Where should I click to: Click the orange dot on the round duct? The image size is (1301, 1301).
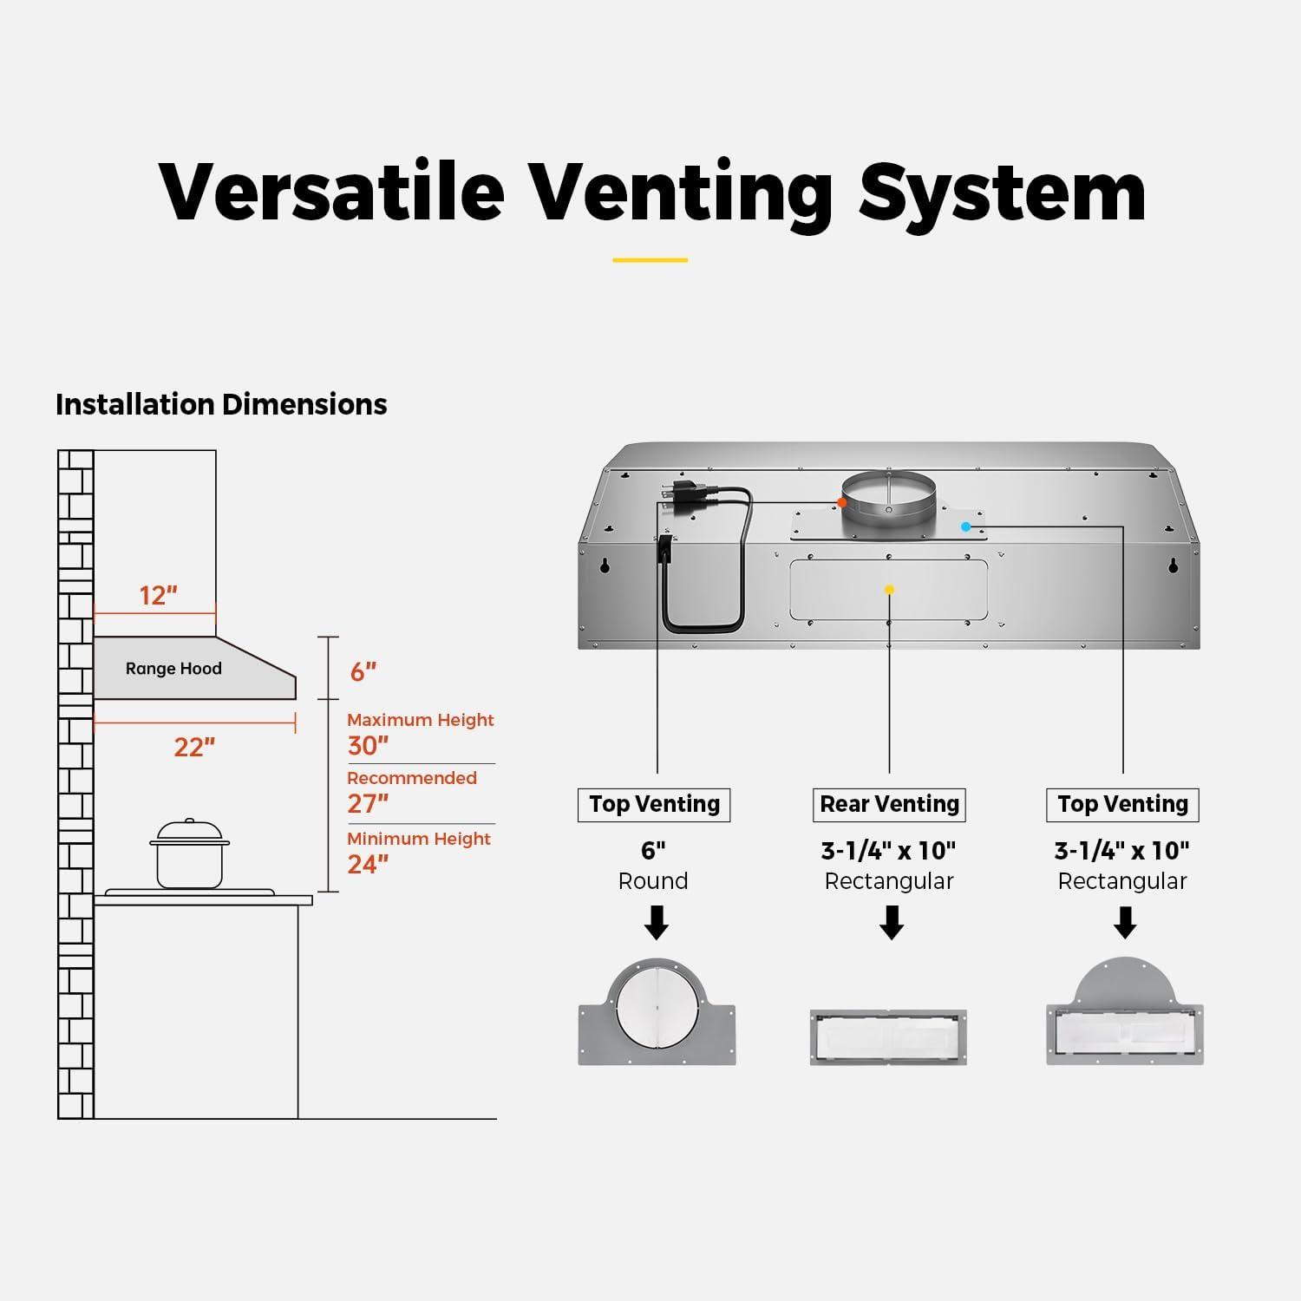coord(841,502)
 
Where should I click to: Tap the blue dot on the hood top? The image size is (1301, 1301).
coord(965,526)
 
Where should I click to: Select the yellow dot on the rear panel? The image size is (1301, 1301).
coord(889,590)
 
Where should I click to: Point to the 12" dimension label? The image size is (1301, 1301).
coord(158,596)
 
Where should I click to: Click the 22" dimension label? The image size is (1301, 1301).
coord(194,747)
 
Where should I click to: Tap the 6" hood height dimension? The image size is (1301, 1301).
coord(363,672)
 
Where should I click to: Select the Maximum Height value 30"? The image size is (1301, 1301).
coord(368,746)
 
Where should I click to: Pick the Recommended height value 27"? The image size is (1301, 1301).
coord(368,804)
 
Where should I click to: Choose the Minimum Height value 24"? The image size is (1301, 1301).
coord(368,865)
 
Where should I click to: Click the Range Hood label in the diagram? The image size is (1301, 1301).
coord(173,669)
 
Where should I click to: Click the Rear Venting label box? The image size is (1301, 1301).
coord(889,805)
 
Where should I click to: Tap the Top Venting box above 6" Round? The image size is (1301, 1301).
coord(654,805)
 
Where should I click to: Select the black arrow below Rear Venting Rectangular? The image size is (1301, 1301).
coord(891,923)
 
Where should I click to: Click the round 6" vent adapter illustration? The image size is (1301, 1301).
coord(657,1013)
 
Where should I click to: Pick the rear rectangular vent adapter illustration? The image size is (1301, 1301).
coord(888,1037)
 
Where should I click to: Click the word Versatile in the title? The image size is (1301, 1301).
coord(331,193)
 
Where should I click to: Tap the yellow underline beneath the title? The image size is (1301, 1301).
coord(650,259)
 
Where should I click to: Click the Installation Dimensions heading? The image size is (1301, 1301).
coord(221,405)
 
